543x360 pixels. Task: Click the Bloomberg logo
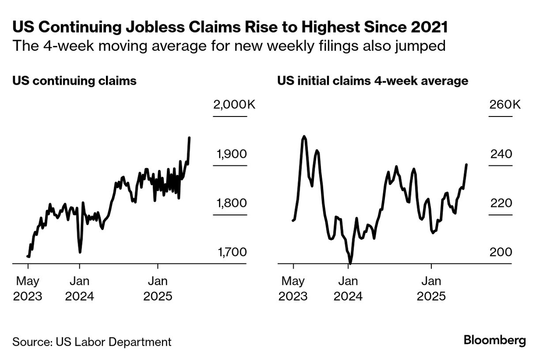(495, 341)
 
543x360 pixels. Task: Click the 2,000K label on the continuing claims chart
(234, 105)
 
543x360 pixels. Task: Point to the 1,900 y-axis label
(231, 154)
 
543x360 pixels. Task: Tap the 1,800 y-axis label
(231, 203)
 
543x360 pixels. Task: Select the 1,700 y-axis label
(231, 252)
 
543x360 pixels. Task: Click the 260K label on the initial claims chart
(505, 105)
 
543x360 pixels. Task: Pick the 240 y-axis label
(501, 154)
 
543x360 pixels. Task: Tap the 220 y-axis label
(501, 203)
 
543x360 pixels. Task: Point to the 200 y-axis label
(501, 252)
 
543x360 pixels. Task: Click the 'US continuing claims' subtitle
(74, 81)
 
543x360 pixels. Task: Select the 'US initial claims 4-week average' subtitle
(373, 81)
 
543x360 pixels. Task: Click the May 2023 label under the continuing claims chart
(28, 288)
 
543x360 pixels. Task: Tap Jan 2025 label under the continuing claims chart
(158, 288)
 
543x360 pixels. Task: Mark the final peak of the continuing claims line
(189, 138)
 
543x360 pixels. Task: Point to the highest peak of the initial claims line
(304, 136)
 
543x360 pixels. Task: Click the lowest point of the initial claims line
(350, 263)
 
